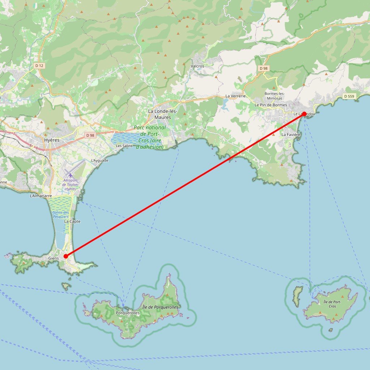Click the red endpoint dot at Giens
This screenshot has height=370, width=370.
66,256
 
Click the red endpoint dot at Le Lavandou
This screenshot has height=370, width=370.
304,114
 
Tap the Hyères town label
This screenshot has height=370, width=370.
51,140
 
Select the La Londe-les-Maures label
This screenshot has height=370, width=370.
162,114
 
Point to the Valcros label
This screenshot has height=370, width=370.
197,66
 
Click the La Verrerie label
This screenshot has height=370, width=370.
235,96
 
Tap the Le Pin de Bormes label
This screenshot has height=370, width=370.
271,105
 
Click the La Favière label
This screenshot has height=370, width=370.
291,134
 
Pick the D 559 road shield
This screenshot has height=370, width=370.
349,96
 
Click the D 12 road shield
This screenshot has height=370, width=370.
39,65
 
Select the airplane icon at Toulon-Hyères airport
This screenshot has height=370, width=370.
70,175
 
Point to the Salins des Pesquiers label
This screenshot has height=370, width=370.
61,215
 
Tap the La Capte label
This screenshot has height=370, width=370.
72,221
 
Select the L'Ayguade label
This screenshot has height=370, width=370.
99,160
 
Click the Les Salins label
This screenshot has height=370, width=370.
124,146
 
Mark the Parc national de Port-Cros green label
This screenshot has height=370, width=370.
150,137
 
